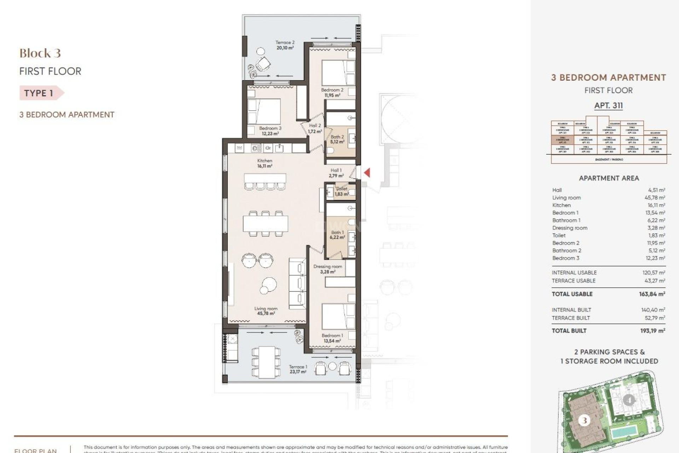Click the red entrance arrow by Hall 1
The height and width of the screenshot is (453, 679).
(367, 173)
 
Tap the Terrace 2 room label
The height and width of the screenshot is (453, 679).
(285, 45)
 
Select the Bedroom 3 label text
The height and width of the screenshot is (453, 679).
(270, 131)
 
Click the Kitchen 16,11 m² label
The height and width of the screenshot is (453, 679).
(265, 163)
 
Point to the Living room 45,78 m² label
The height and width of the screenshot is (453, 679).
(266, 311)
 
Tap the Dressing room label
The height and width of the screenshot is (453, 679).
(327, 269)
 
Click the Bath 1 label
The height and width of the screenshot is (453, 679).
(337, 235)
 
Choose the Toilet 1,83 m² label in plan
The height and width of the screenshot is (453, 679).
(341, 191)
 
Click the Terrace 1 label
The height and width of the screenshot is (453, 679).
(298, 369)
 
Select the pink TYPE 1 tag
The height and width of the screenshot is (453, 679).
(40, 93)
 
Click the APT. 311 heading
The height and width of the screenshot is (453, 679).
(608, 105)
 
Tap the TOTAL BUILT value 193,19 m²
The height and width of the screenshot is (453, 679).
(652, 331)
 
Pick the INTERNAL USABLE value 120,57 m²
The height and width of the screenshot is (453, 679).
(653, 273)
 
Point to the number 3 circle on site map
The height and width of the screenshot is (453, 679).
(584, 420)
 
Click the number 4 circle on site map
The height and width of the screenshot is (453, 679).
(628, 400)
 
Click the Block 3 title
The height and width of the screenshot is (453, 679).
(40, 53)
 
